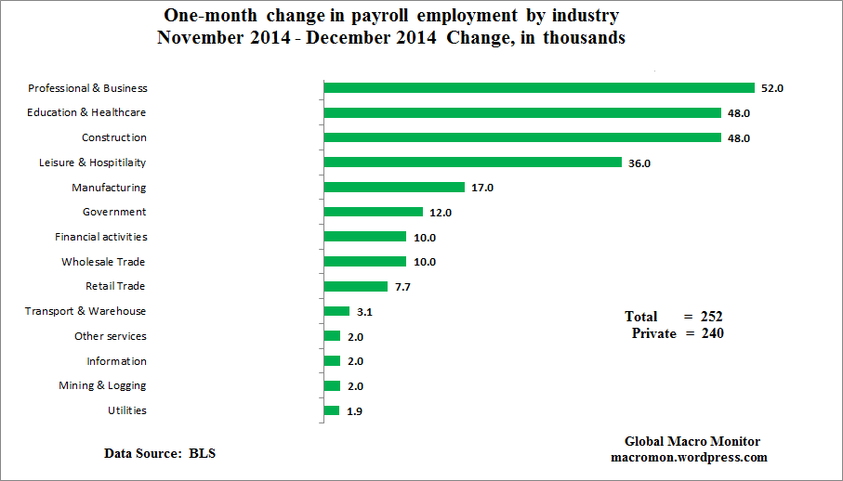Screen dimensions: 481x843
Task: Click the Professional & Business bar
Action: pyautogui.click(x=539, y=88)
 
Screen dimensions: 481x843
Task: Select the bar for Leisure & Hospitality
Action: pyautogui.click(x=472, y=162)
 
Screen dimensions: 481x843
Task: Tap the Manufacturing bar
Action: pyautogui.click(x=393, y=188)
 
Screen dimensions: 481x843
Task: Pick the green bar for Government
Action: pyautogui.click(x=373, y=213)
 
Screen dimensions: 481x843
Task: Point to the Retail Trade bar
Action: pyautogui.click(x=355, y=287)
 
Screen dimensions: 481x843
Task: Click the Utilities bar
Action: pyautogui.click(x=332, y=410)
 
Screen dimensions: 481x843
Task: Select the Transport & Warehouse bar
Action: pyautogui.click(x=336, y=311)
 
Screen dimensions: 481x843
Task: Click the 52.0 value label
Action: pyautogui.click(x=773, y=88)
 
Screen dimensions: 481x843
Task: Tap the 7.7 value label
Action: pyautogui.click(x=402, y=287)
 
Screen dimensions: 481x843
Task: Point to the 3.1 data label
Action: pyautogui.click(x=364, y=312)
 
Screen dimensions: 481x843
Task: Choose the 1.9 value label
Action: pyautogui.click(x=354, y=411)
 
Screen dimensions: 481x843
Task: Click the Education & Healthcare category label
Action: pyautogui.click(x=87, y=112)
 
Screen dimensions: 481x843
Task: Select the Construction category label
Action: pyautogui.click(x=113, y=137)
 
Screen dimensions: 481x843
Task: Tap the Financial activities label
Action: pyautogui.click(x=100, y=237)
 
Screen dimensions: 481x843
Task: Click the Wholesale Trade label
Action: pyautogui.click(x=103, y=262)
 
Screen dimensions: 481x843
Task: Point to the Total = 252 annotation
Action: pyautogui.click(x=674, y=317)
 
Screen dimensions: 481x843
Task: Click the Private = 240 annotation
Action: pyautogui.click(x=678, y=333)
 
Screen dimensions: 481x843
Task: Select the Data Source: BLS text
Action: pyautogui.click(x=160, y=453)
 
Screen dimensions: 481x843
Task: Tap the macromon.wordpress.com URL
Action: pyautogui.click(x=689, y=457)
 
